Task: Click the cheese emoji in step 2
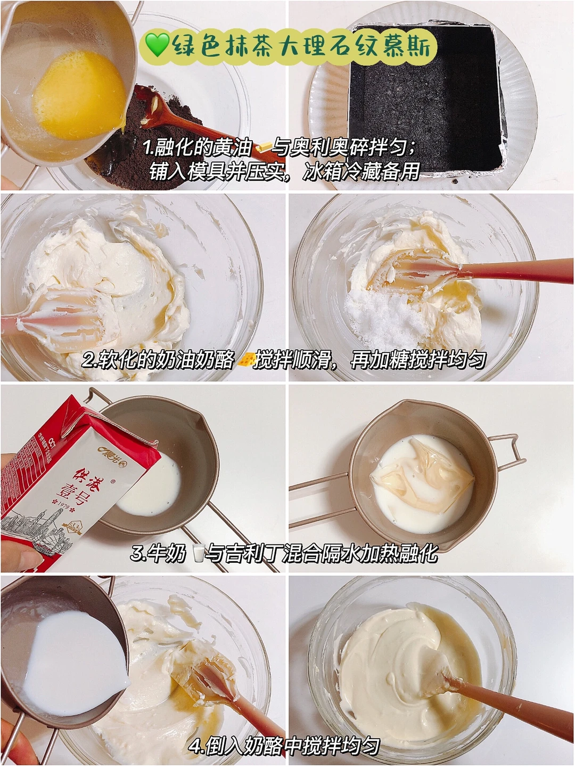tap(247, 360)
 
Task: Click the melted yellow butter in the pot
tap(78, 94)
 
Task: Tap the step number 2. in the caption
tap(89, 360)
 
